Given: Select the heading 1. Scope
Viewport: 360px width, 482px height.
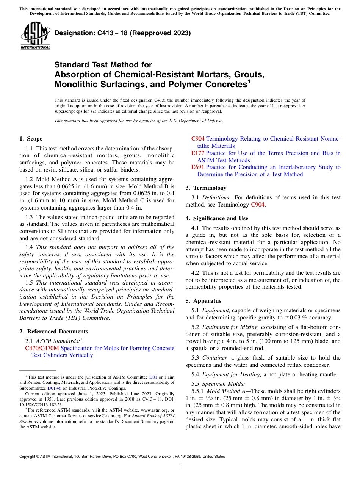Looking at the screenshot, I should [x=31, y=139].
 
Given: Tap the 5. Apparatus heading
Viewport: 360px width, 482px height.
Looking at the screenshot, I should [x=203, y=301].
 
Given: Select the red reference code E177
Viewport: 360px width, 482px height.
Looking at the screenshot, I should [x=198, y=153].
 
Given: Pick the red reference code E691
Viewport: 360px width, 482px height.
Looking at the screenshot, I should [x=198, y=167].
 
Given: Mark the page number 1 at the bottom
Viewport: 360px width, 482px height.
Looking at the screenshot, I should [x=180, y=466].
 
